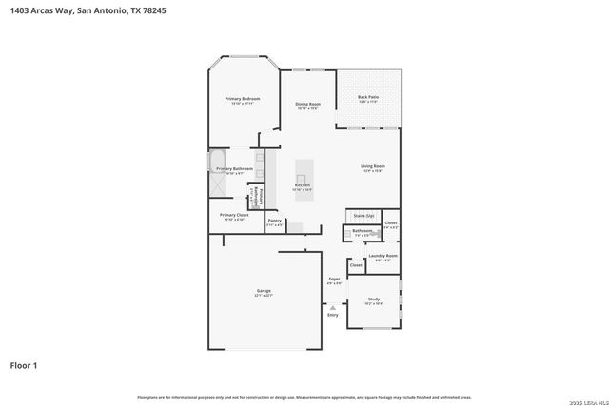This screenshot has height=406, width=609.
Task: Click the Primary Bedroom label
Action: (243, 99)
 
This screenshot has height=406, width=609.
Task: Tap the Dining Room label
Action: (307, 104)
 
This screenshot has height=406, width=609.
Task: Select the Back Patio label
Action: (368, 97)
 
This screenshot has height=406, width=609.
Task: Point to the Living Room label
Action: (372, 166)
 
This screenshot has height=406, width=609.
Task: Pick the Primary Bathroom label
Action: (235, 168)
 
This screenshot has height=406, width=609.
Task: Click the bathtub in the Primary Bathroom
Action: (218, 162)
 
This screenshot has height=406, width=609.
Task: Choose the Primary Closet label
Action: (234, 215)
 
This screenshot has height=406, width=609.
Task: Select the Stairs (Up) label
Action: (363, 216)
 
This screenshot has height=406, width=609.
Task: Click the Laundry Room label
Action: (383, 255)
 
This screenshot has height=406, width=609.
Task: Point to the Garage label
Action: (264, 290)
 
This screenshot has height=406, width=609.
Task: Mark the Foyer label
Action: (334, 279)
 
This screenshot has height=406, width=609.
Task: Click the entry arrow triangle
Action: (332, 306)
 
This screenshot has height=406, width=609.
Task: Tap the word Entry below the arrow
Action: (333, 315)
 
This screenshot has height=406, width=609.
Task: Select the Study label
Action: (374, 299)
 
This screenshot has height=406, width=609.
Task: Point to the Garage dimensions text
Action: (264, 296)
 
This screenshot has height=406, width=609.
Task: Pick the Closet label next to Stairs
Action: (390, 222)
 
